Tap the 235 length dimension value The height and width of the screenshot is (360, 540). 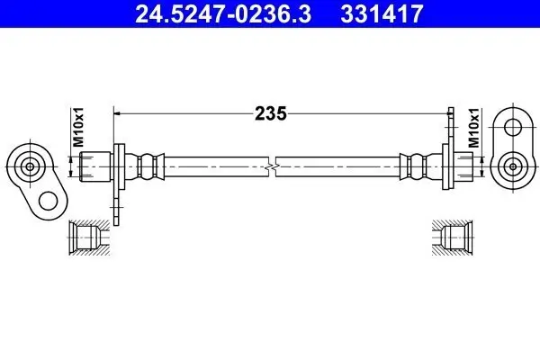[x=270, y=113]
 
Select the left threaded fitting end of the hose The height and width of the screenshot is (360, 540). [x=95, y=166]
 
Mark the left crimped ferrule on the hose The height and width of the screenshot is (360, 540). [x=149, y=166]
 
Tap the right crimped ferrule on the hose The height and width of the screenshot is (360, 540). [x=415, y=166]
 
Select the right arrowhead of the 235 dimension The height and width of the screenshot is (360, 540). [x=446, y=113]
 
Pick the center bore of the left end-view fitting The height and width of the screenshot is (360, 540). [x=30, y=166]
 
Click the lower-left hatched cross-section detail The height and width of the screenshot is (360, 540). [x=87, y=237]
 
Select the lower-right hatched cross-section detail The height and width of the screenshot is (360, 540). [x=453, y=237]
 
